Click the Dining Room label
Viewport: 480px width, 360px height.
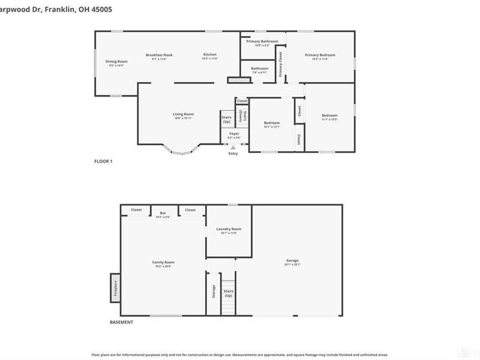point(117,61)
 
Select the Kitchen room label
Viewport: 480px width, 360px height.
point(209,55)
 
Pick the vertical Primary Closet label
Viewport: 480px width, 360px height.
point(280,64)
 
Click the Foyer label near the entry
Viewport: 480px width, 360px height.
point(233,134)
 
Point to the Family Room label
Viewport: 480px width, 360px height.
point(163,262)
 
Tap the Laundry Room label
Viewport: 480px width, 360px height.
point(229,229)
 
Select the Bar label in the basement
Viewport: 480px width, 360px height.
point(163,213)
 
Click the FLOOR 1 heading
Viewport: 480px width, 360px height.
point(103,161)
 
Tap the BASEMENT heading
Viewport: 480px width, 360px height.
point(121,322)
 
